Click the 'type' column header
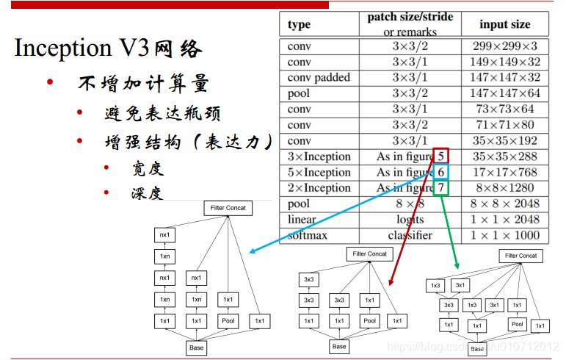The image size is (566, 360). [x=299, y=24]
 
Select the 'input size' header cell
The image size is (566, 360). [x=504, y=24]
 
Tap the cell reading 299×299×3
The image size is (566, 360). [x=504, y=46]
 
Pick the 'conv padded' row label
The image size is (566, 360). [x=319, y=77]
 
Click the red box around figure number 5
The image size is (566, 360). [x=441, y=156]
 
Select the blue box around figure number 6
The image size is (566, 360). [x=441, y=172]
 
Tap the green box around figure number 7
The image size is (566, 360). [x=441, y=188]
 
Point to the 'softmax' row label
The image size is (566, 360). [x=309, y=235]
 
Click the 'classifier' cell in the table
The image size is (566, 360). [x=410, y=235]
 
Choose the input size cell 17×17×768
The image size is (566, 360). [x=504, y=173]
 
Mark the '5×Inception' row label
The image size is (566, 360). [x=319, y=173]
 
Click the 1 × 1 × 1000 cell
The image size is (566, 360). [x=504, y=235]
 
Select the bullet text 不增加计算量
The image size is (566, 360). [x=143, y=83]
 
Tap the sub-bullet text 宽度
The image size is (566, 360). [x=148, y=168]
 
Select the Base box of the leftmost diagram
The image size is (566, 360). [x=196, y=346]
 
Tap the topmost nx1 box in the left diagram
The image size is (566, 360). [x=165, y=235]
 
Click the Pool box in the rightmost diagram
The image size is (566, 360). [x=518, y=324]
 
